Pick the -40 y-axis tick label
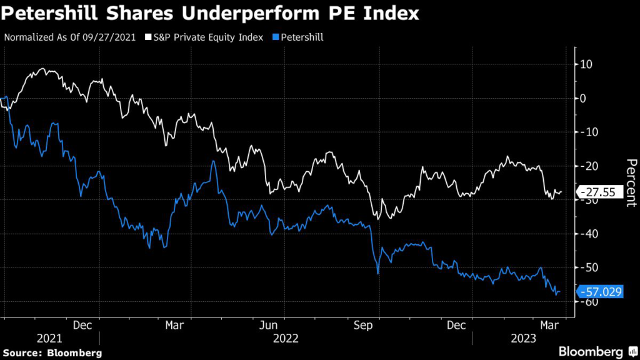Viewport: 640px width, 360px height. point(588,234)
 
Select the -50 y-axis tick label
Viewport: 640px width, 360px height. point(588,267)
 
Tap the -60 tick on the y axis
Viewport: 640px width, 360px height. point(588,301)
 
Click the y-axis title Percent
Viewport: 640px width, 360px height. point(631,182)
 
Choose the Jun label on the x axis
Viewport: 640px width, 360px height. point(268,325)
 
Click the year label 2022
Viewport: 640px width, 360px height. point(285,338)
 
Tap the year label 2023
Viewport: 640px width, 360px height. point(522,338)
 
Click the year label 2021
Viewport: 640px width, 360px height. point(49,338)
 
